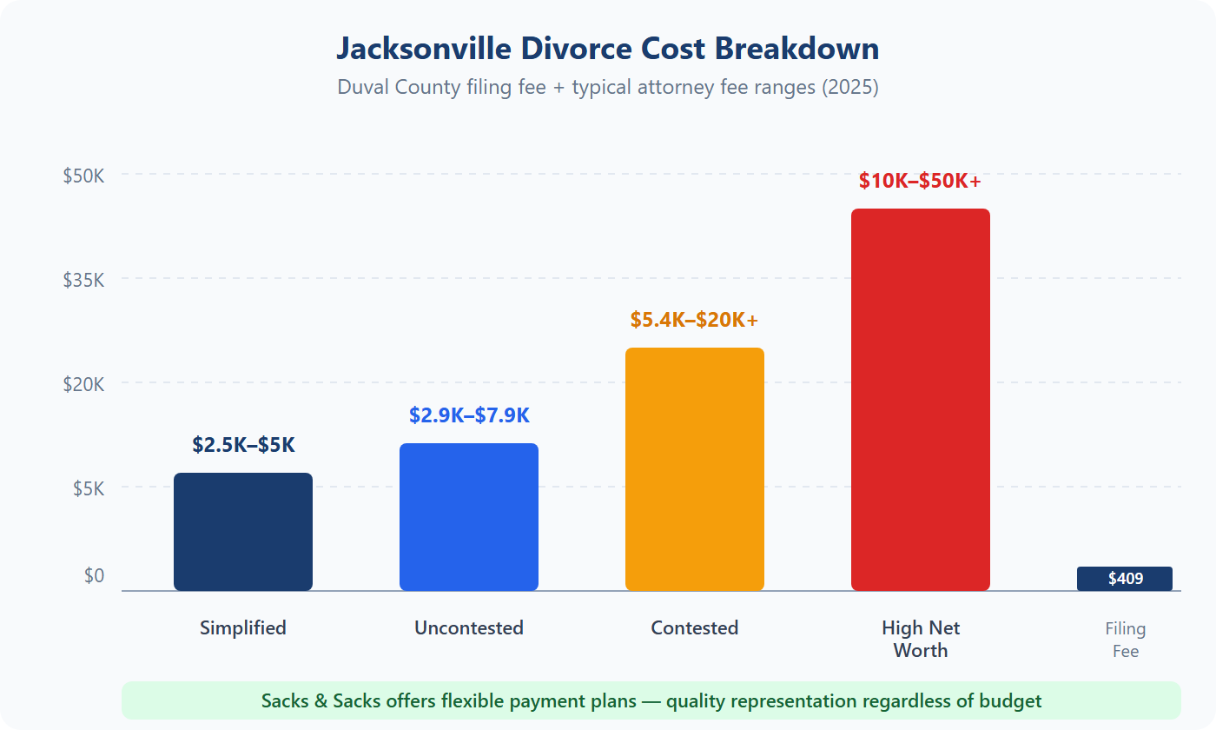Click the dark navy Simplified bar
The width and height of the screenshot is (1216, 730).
[x=243, y=532]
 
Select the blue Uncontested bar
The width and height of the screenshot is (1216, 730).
[x=469, y=517]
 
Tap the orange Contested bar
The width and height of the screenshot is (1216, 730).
[x=695, y=469]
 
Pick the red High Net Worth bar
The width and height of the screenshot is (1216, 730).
[x=921, y=400]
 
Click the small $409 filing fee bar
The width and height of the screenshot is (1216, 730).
[x=1125, y=579]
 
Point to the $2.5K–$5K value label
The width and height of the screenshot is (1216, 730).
[x=243, y=445]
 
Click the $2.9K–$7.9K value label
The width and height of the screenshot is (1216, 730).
[x=469, y=415]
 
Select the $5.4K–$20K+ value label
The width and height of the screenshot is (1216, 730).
[x=694, y=320]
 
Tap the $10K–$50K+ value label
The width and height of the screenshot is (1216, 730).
[x=920, y=181]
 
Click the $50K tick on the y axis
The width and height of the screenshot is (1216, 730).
[x=83, y=176]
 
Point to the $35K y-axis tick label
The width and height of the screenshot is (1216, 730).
[x=83, y=280]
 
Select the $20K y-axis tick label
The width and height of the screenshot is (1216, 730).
[x=83, y=384]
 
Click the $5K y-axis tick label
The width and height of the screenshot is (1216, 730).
[x=89, y=488]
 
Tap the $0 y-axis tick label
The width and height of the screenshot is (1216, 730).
[x=94, y=575]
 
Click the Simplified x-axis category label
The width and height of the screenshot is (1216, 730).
[x=243, y=627]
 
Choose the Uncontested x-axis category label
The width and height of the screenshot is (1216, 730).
[x=469, y=627]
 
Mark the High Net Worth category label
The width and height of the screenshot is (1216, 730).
[x=921, y=639]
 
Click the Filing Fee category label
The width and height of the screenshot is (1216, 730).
[x=1126, y=640]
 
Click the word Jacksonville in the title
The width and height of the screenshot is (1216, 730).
[x=425, y=49]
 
